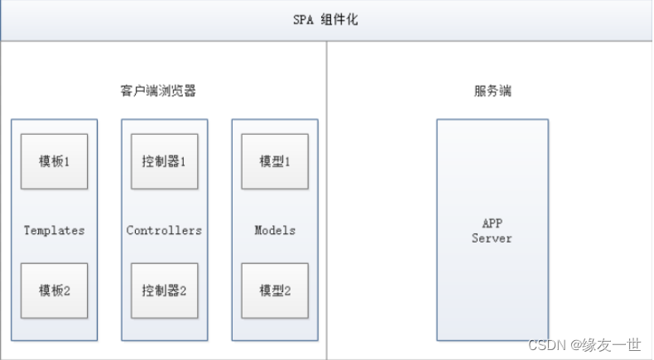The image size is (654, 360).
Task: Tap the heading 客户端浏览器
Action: [x=157, y=91]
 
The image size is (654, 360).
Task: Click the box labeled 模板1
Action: [x=54, y=161]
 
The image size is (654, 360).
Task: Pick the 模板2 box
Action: [x=54, y=290]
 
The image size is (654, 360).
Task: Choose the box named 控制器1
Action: [x=164, y=161]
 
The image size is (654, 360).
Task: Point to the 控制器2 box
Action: [x=164, y=290]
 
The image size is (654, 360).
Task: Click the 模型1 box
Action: [x=275, y=161]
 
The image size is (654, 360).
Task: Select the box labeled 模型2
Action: [x=275, y=290]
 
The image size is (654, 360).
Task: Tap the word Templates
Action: [x=54, y=230]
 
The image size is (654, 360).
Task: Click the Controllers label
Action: [x=164, y=230]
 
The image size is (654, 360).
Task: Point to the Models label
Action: [x=275, y=230]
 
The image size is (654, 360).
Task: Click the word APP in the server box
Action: [x=492, y=223]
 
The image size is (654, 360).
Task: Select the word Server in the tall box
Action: [x=492, y=238]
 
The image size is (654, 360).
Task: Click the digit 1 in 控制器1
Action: [x=182, y=161]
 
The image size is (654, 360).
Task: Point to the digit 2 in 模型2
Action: [x=287, y=290]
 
